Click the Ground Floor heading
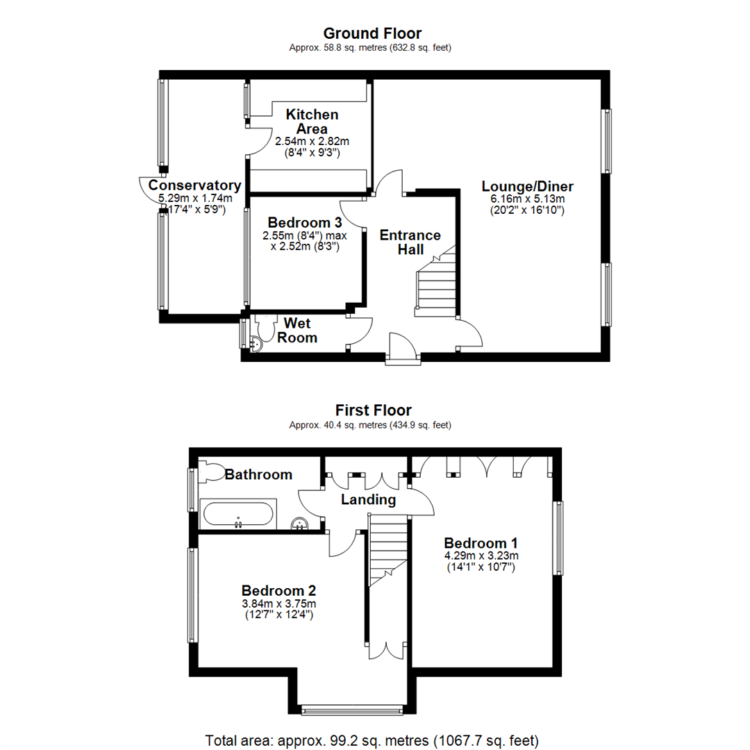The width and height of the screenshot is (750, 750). point(372,33)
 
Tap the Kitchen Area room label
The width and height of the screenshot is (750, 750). point(312,122)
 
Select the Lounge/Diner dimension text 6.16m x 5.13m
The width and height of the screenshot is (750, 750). point(528,199)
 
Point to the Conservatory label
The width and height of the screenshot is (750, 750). point(194,185)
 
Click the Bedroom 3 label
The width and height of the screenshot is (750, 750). point(305,222)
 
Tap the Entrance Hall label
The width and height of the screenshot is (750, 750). point(410,242)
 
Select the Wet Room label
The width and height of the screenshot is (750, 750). point(297,330)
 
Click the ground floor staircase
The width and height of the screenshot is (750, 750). point(435,282)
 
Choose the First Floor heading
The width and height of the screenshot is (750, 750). point(373,410)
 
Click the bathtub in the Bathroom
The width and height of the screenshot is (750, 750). point(238,515)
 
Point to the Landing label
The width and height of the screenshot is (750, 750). point(368,500)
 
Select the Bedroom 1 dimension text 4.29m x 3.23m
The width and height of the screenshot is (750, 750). point(481,556)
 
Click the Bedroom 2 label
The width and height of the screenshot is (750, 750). point(279,591)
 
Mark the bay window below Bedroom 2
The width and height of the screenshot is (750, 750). point(352,710)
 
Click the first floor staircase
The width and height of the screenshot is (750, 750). point(387,550)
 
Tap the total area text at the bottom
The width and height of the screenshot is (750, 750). point(372,741)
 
